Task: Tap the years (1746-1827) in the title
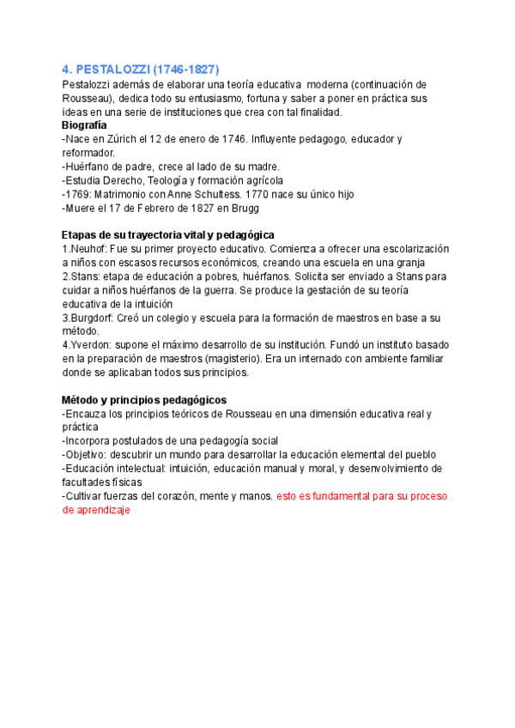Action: click(x=187, y=69)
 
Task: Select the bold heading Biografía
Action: click(x=90, y=125)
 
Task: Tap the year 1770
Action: click(x=258, y=194)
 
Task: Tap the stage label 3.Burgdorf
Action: click(x=90, y=318)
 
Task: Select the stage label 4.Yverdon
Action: click(x=88, y=345)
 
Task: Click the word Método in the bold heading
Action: click(x=82, y=400)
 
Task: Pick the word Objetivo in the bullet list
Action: click(x=89, y=454)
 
